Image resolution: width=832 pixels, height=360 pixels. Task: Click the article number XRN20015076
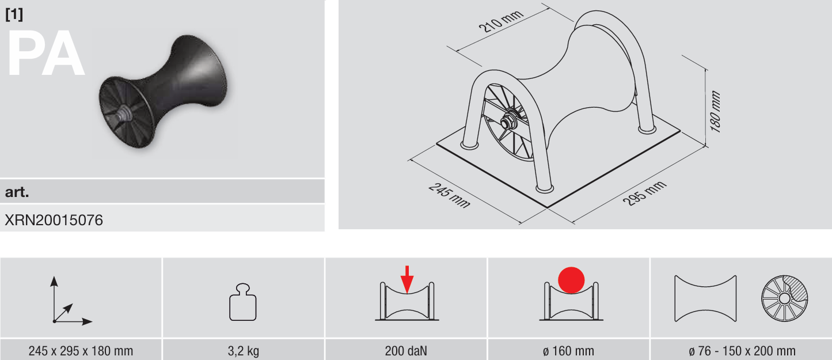tap(54, 220)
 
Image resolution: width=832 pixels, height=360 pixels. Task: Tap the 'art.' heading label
tap(17, 192)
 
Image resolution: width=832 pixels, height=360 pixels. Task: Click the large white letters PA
tap(45, 54)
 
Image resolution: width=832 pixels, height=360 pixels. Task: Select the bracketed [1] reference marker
tap(14, 14)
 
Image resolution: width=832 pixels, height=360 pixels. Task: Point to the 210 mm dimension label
tap(501, 21)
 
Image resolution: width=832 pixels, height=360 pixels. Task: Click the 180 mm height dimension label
tap(715, 111)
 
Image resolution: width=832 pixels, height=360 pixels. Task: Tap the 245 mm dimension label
tap(450, 195)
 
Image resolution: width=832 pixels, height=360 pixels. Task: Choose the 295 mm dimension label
tap(644, 193)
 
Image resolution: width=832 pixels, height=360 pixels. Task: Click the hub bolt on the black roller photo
tap(123, 113)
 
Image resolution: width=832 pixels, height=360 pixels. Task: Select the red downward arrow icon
tap(407, 279)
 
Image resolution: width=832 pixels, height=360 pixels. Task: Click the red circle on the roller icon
tap(571, 280)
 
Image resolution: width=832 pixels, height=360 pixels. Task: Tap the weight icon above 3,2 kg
tap(243, 302)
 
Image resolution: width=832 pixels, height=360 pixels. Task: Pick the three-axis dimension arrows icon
tap(71, 301)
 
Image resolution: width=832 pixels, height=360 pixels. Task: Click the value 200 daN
tap(406, 351)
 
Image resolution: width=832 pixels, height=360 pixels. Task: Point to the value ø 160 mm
tap(568, 351)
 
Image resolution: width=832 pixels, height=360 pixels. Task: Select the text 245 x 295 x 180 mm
tap(81, 351)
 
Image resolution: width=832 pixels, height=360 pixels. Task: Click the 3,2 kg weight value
tap(244, 351)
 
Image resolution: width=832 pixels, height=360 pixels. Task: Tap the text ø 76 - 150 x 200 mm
tap(742, 351)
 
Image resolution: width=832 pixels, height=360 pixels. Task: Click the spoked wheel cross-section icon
tap(784, 298)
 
